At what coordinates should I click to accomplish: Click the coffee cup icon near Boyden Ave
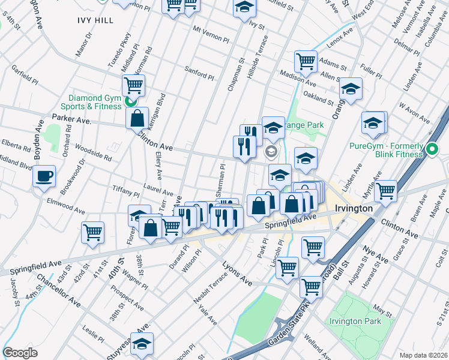[x=44, y=176]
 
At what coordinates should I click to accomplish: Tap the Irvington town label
[x=351, y=208]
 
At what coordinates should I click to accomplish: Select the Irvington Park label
[x=355, y=321]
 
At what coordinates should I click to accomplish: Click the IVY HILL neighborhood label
[x=95, y=20]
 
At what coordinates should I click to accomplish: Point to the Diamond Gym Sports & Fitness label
[x=95, y=102]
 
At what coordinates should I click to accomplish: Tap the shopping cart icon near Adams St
[x=306, y=61]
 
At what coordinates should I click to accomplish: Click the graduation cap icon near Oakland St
[x=351, y=89]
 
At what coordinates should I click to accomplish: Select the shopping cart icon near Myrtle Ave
[x=385, y=190]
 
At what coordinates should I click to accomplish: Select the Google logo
[x=20, y=353]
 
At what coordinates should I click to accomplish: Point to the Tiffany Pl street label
[x=126, y=192]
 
